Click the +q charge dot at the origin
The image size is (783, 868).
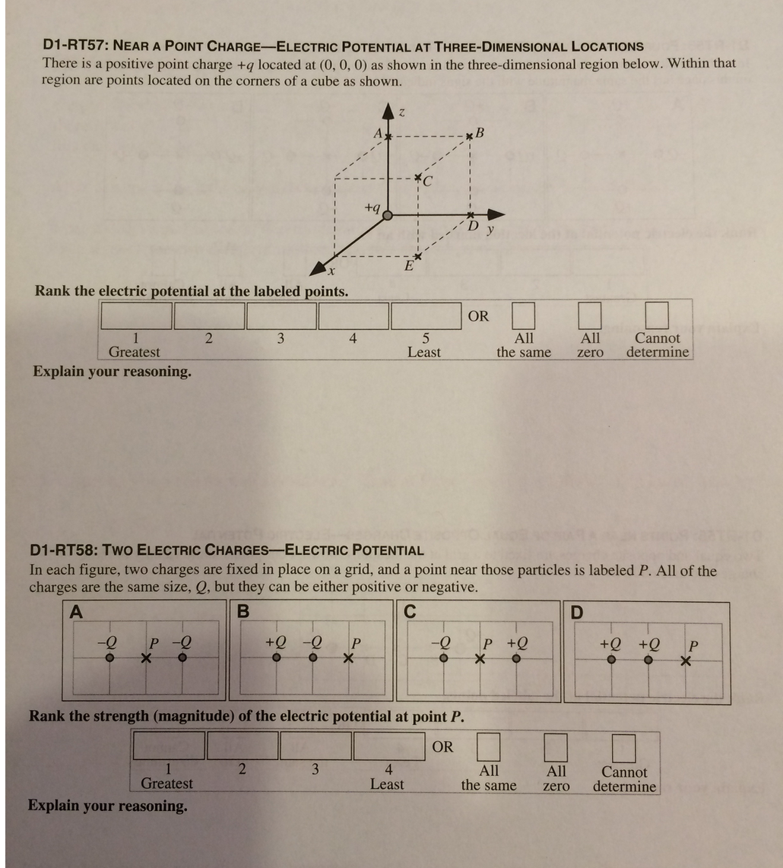tap(388, 215)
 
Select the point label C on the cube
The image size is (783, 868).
tap(427, 181)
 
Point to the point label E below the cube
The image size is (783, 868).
tap(408, 267)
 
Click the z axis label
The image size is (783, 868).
tap(402, 113)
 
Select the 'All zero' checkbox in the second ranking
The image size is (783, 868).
tap(556, 747)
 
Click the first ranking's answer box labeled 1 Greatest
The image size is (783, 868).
tap(136, 315)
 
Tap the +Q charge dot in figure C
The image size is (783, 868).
tap(516, 659)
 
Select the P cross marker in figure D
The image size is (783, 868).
tap(686, 661)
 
